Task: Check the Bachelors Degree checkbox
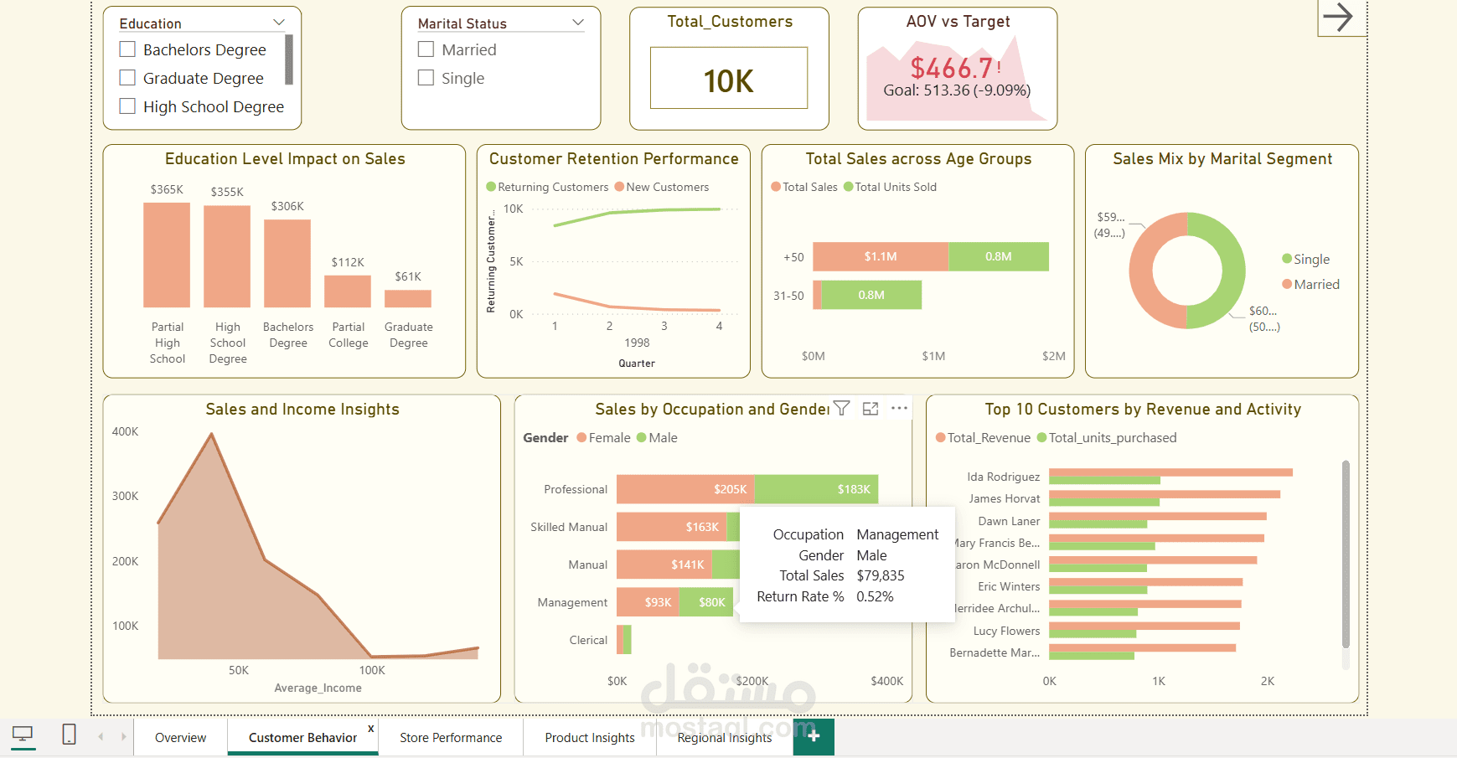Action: (127, 49)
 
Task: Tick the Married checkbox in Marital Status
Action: (426, 49)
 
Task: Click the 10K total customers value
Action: (728, 80)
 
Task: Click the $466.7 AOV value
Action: (952, 68)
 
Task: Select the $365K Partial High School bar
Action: (167, 255)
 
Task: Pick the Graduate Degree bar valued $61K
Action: (408, 298)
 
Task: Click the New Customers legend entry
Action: (662, 187)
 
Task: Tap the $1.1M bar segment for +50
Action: (881, 256)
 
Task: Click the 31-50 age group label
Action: (788, 296)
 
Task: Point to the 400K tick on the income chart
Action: (126, 431)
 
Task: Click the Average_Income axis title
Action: (318, 688)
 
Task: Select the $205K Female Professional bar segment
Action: (685, 489)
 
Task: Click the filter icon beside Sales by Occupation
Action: (842, 408)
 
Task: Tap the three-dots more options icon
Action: (899, 408)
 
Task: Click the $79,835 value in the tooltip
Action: (881, 575)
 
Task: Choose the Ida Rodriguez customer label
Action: (1003, 477)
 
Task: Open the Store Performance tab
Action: (451, 737)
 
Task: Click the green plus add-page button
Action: (814, 736)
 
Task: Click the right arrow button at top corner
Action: (1338, 17)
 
